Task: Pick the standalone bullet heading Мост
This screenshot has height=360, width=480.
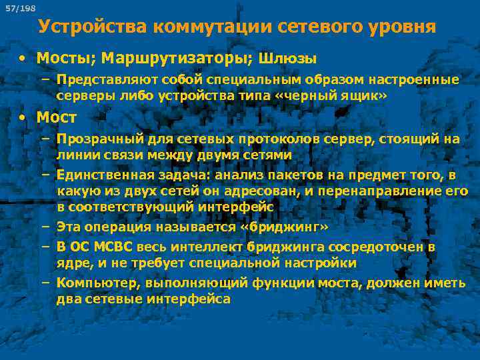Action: (57, 117)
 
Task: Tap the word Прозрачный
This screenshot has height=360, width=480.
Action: (97, 139)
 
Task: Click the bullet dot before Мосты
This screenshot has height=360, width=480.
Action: (23, 58)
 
